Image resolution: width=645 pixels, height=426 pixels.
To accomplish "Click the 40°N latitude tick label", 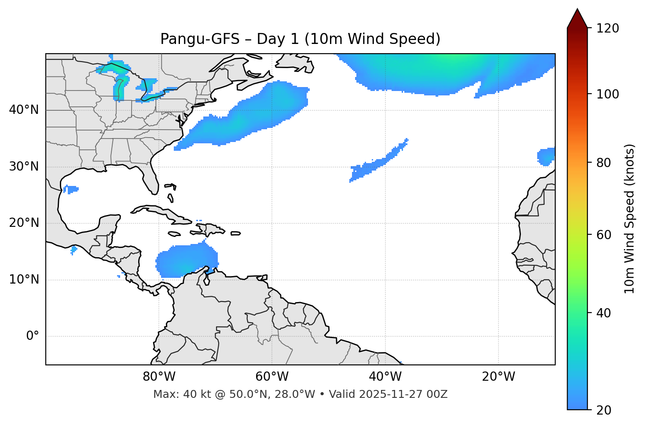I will pyautogui.click(x=24, y=110).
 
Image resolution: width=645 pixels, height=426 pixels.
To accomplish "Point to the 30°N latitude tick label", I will pyautogui.click(x=24, y=167).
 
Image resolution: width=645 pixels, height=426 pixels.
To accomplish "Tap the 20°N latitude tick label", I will pyautogui.click(x=24, y=223).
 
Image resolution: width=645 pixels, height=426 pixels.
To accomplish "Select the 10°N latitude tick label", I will pyautogui.click(x=24, y=280).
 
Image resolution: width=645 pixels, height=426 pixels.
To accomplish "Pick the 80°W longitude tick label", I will pyautogui.click(x=159, y=377).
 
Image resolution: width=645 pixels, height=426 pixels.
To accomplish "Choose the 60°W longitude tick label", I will pyautogui.click(x=272, y=377).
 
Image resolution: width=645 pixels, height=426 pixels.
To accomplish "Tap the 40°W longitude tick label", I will pyautogui.click(x=385, y=377).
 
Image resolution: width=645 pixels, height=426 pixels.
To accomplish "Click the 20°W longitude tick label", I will pyautogui.click(x=498, y=377).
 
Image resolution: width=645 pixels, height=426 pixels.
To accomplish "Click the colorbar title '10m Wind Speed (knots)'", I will pyautogui.click(x=630, y=218).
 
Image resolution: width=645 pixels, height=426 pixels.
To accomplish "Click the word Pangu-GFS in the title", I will pyautogui.click(x=200, y=39).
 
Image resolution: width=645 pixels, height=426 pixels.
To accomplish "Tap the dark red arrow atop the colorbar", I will pyautogui.click(x=577, y=19).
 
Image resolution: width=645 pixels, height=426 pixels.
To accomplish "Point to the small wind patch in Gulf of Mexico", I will pyautogui.click(x=70, y=189).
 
